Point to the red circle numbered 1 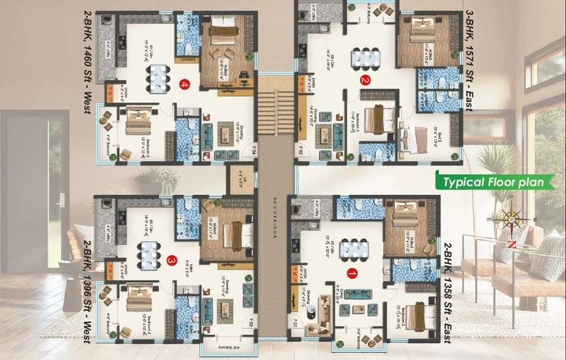click(x=352, y=274)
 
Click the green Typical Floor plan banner click(x=495, y=181)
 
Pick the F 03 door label click(x=252, y=321)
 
